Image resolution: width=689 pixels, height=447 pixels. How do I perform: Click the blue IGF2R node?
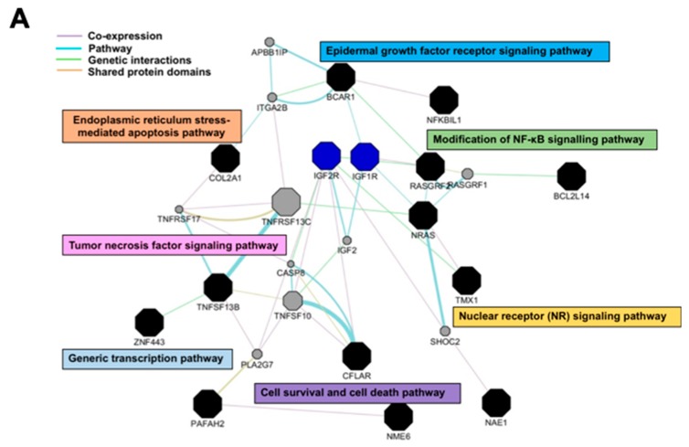(x=326, y=155)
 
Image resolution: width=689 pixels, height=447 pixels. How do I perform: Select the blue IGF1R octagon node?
(x=366, y=155)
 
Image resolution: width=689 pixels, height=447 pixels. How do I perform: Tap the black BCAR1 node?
(x=341, y=77)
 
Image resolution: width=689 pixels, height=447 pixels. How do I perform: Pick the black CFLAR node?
(x=356, y=355)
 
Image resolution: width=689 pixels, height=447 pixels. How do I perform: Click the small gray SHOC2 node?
(x=444, y=331)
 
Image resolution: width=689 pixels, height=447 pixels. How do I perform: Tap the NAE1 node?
(x=496, y=402)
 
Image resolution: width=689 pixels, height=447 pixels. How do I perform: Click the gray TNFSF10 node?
(x=292, y=300)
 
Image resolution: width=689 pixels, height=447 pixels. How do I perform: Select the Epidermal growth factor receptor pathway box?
(x=465, y=51)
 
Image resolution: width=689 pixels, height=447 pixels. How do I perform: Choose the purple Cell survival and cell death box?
(x=357, y=392)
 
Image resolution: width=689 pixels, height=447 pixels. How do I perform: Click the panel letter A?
(x=20, y=18)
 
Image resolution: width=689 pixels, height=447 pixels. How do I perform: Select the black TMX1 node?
(x=466, y=280)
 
